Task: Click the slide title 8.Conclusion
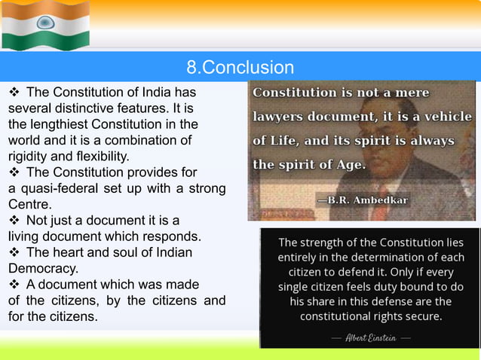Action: point(240,68)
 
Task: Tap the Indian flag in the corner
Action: point(45,25)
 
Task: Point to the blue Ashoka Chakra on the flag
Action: point(45,23)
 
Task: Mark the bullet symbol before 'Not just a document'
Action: point(14,221)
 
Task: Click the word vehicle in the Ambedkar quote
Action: point(447,117)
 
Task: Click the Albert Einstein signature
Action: point(369,338)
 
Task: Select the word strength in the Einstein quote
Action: point(328,243)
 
